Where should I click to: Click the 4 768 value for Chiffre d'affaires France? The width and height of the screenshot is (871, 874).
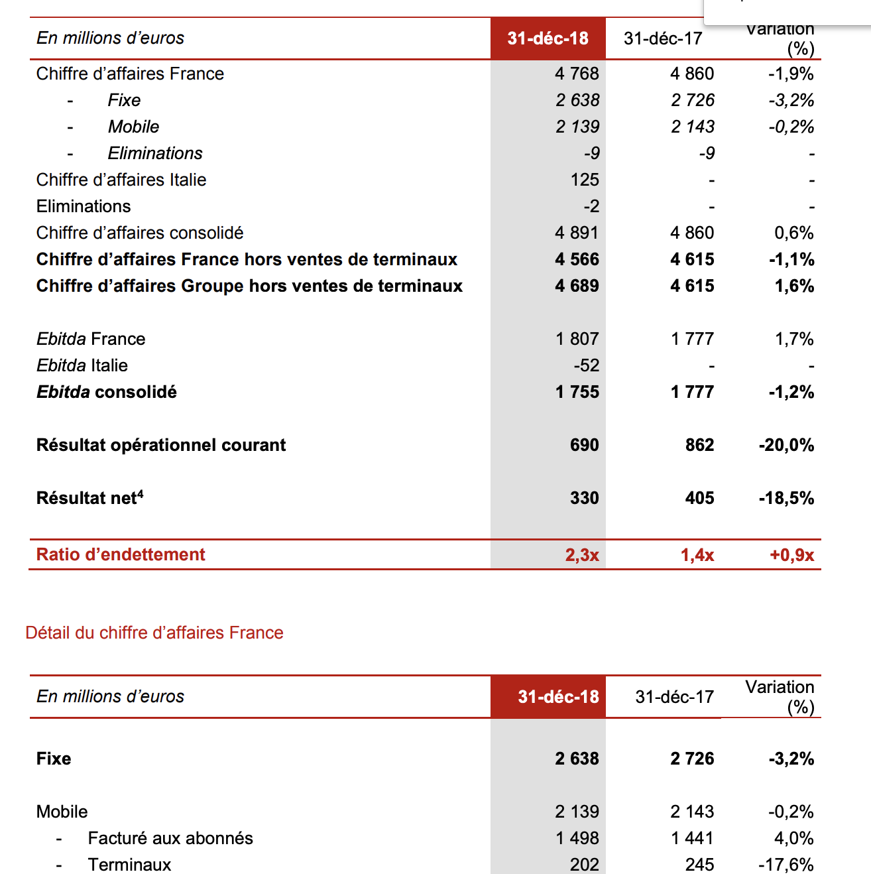point(577,74)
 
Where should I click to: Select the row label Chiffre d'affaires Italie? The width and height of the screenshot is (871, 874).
point(121,180)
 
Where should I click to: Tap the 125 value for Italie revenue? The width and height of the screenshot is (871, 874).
point(585,180)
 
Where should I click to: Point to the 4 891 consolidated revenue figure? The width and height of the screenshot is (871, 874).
point(577,233)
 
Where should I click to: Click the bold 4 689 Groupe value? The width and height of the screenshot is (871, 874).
point(577,286)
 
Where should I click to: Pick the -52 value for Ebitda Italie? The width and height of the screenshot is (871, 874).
point(586,365)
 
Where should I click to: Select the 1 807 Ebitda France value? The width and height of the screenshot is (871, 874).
point(577,339)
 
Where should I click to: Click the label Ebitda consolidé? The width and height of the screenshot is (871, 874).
point(107,392)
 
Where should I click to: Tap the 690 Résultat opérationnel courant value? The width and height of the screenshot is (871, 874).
point(584,445)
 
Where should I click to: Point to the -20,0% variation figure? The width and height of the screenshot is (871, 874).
point(786,445)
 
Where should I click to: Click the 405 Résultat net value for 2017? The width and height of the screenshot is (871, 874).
point(699,498)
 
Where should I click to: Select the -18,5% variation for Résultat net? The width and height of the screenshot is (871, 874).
point(786,498)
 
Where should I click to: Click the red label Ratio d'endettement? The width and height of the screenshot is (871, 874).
point(121,554)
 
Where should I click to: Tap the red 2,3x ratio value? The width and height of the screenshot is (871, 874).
point(582,554)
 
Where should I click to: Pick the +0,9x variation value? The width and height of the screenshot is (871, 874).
point(791,554)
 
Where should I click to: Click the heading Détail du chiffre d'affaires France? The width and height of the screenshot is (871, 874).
point(154,633)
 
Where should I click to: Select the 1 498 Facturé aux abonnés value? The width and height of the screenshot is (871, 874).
point(577,838)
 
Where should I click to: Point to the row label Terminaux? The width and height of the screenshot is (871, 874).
point(129,865)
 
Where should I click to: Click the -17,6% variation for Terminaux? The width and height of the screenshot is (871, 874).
point(786,865)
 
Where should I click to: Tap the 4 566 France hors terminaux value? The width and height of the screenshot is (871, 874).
point(577,259)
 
